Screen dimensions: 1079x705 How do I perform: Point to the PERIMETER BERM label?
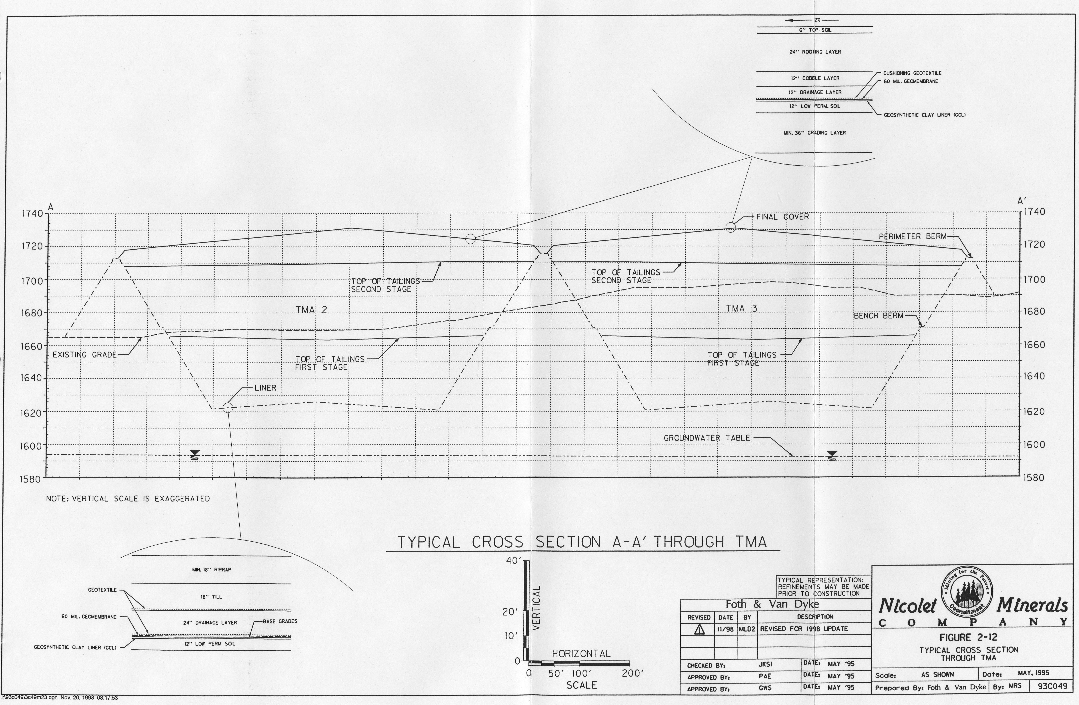tap(913, 236)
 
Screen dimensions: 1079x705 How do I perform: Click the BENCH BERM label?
tap(879, 316)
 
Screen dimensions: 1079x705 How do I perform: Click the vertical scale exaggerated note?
tap(128, 499)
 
